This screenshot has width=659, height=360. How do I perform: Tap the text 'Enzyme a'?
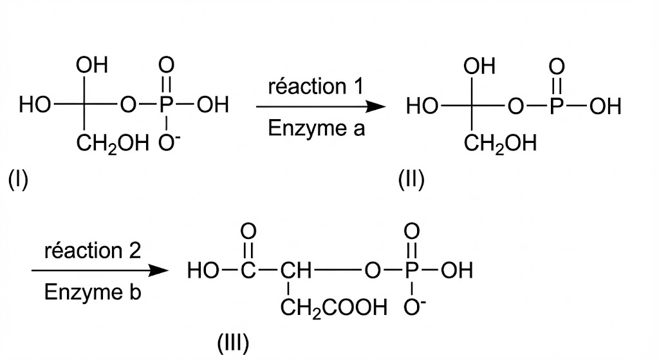tap(316, 128)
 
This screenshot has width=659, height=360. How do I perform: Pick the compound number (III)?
tap(233, 343)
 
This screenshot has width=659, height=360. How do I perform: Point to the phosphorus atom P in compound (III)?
tap(411, 270)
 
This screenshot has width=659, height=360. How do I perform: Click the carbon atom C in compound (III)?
tap(248, 270)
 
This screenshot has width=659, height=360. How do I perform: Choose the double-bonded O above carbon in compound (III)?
tap(248, 231)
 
